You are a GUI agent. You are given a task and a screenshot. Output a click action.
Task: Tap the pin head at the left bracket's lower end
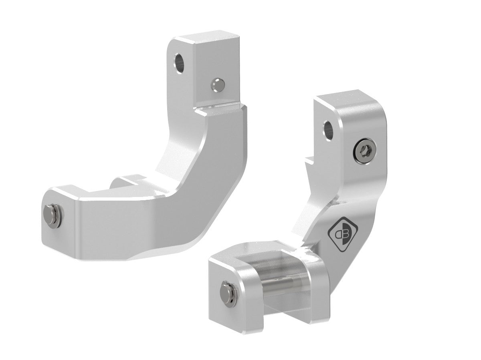pyautogui.click(x=51, y=215)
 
